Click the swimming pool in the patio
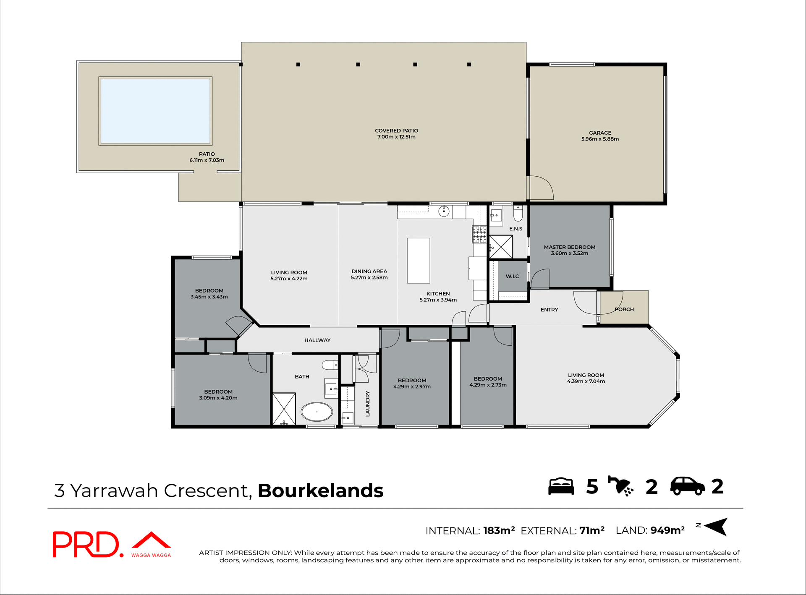(155, 111)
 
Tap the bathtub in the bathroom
(317, 412)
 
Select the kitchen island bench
(419, 261)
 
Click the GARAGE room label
(600, 133)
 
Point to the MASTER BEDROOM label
(570, 247)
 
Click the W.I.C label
(512, 276)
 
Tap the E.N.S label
(516, 229)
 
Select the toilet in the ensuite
(518, 214)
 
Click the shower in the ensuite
(501, 247)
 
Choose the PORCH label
(624, 309)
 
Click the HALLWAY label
(317, 340)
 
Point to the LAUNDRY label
(368, 404)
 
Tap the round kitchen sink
(444, 211)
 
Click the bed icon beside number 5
(561, 486)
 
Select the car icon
(687, 486)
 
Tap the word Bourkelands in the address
(320, 491)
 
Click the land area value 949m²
(667, 530)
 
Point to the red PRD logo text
(86, 544)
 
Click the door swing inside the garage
(541, 188)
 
